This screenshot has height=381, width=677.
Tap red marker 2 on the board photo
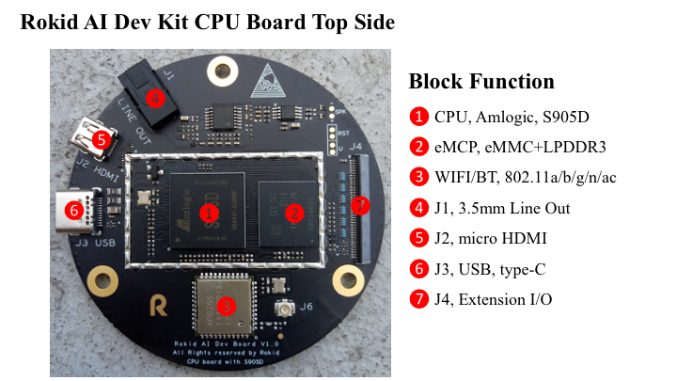coord(293,213)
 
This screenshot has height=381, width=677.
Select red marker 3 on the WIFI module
coord(226,305)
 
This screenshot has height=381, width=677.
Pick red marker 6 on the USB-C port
coord(74,211)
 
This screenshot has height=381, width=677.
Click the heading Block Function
coord(481,81)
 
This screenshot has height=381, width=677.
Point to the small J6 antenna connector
coord(281,310)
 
